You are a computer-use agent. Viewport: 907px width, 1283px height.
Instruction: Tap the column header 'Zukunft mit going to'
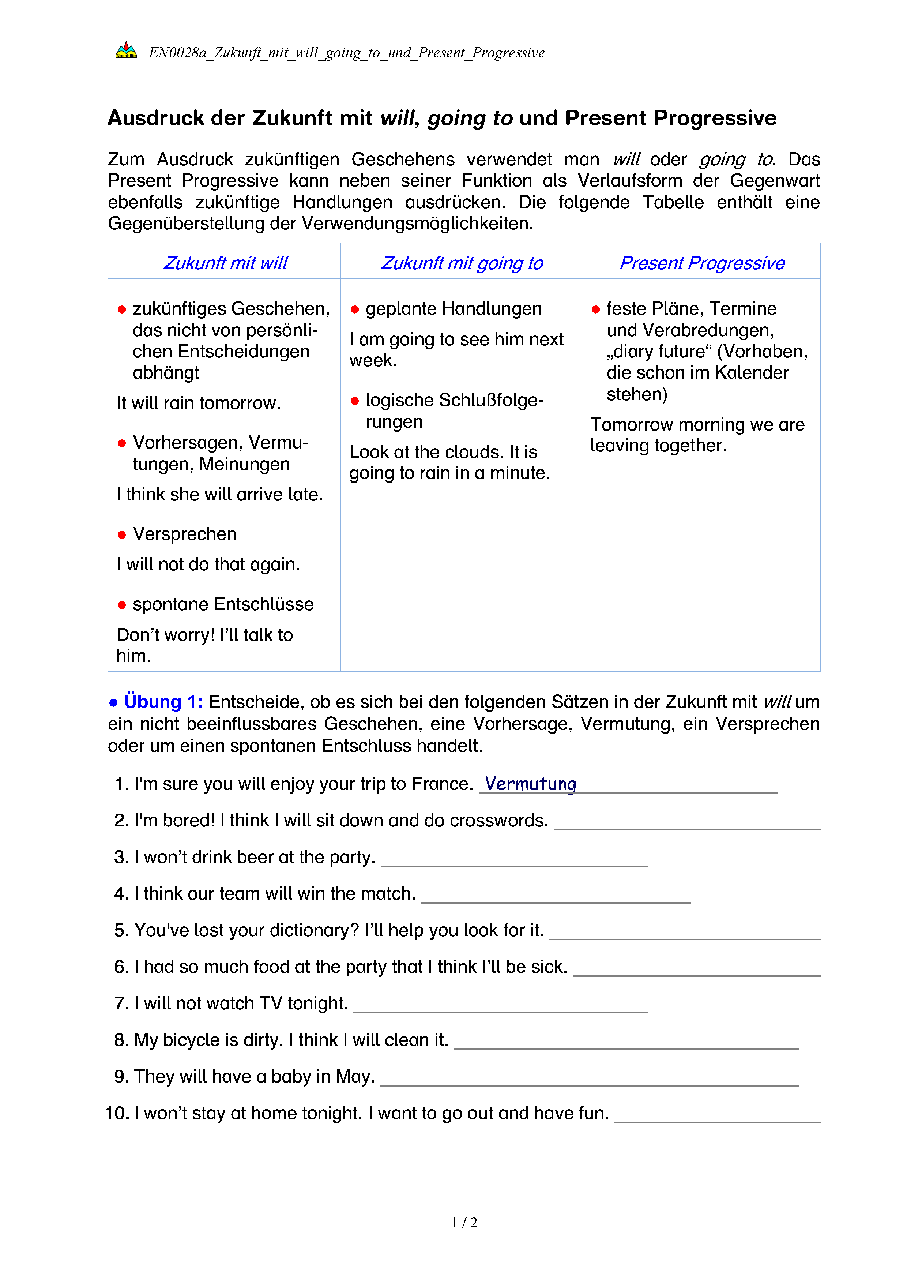(x=462, y=263)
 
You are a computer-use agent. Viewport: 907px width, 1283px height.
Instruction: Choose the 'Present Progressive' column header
(x=702, y=263)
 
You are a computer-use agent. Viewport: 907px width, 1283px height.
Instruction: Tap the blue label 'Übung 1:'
(x=163, y=702)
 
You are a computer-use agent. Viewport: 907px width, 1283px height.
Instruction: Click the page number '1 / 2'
(x=464, y=1223)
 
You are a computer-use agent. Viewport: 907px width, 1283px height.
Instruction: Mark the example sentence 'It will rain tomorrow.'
(x=199, y=403)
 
